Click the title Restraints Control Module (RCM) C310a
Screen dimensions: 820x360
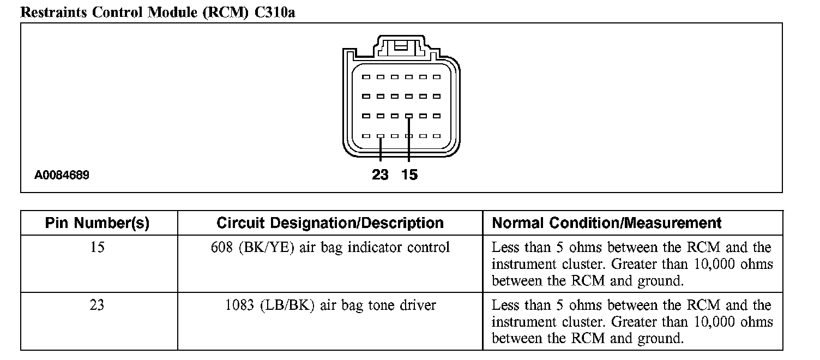click(158, 12)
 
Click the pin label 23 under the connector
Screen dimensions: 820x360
click(381, 175)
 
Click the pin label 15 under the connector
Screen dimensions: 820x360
click(409, 175)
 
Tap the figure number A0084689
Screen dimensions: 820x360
click(62, 176)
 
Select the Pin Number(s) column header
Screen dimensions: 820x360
click(97, 223)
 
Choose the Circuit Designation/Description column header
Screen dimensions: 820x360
click(330, 223)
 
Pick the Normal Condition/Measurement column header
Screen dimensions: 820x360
click(606, 223)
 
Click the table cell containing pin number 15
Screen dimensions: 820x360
click(97, 248)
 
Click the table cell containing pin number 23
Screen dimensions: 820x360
click(97, 305)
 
